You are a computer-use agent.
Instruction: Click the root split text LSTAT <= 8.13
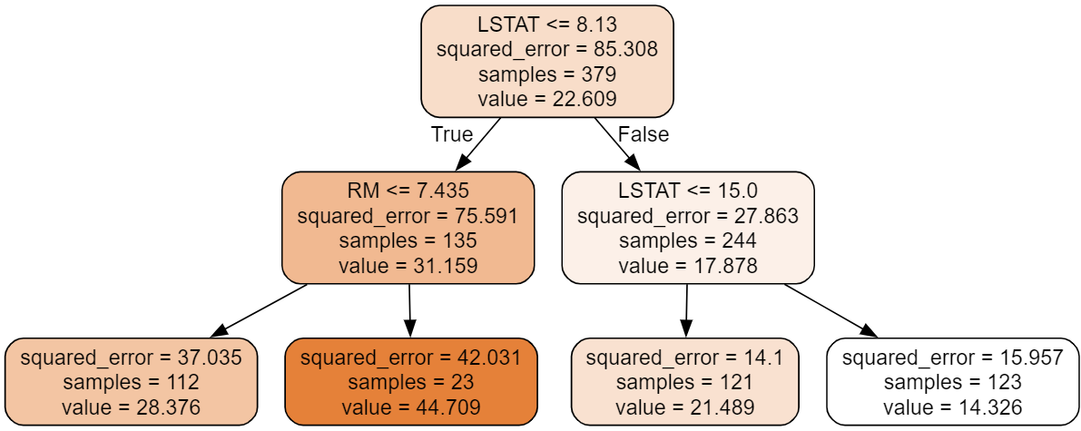click(546, 26)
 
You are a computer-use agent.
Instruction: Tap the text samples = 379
click(546, 74)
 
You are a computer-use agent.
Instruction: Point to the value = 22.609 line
click(546, 98)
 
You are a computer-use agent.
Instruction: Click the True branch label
click(452, 135)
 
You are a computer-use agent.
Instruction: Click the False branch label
click(643, 135)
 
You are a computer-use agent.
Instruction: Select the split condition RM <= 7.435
click(408, 192)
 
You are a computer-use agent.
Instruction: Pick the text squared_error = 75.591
click(408, 217)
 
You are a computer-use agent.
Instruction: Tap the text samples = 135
click(408, 241)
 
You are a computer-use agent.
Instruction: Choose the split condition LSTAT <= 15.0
click(687, 192)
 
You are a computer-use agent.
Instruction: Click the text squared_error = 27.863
click(687, 217)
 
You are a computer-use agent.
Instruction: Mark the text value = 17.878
click(687, 266)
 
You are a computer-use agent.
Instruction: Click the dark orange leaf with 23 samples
click(411, 382)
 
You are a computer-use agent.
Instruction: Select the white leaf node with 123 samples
click(953, 382)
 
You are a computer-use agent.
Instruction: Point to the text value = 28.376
click(131, 407)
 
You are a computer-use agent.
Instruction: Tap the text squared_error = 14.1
click(685, 358)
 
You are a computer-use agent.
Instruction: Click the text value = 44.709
click(411, 407)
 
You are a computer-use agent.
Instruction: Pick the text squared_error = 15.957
click(953, 358)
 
